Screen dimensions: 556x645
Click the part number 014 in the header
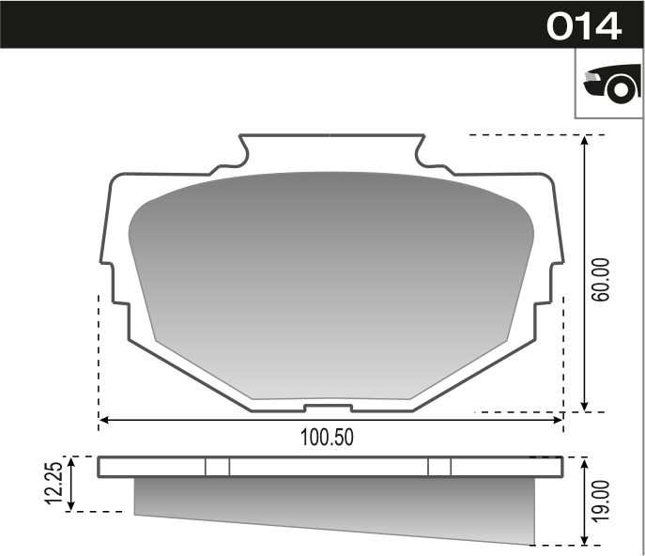pos(584,25)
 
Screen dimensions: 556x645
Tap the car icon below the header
pos(610,84)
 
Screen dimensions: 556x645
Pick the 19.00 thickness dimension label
pos(603,500)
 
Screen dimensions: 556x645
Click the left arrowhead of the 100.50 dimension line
pos(103,420)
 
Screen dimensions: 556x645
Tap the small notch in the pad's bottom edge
pos(329,408)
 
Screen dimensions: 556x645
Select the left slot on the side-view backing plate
pos(217,467)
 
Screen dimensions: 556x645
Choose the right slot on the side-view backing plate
pos(438,467)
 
